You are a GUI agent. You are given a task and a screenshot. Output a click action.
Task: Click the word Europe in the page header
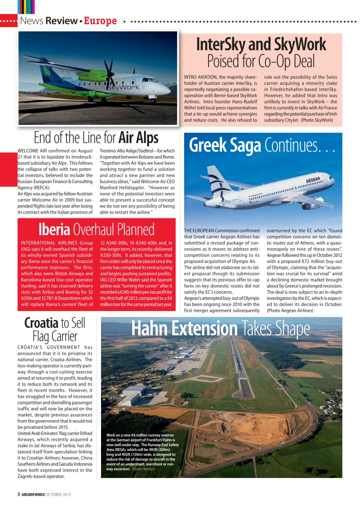100,21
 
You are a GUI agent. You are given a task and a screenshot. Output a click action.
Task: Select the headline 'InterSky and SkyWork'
261,45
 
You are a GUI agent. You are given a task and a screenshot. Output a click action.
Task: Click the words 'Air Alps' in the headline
138,138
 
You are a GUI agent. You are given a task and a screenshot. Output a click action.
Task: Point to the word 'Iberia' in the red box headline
54,229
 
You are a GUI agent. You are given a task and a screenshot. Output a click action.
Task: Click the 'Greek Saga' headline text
225,145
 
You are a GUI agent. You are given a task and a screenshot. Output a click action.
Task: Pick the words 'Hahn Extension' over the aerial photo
184,328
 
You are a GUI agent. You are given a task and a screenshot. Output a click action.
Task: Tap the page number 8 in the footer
19,494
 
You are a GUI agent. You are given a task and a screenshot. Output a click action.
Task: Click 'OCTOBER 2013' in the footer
58,494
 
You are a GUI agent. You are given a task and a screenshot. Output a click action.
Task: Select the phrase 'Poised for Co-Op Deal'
261,61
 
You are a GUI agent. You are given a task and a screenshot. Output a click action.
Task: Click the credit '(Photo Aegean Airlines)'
290,310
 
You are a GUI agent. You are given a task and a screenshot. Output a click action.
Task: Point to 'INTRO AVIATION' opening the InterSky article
200,77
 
